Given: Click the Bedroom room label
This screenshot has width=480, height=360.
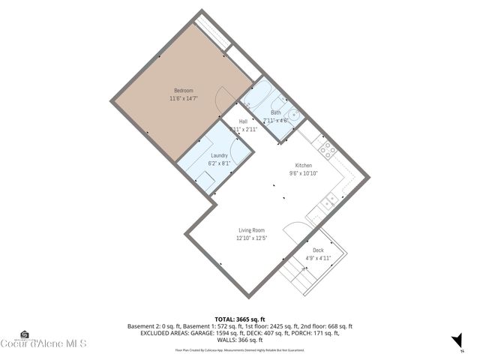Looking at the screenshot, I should point(184,91).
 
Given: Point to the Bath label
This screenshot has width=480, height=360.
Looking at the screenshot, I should point(276,112).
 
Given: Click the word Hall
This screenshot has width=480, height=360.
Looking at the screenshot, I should point(244,121).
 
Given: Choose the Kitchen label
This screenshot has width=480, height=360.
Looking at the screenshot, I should point(304,165).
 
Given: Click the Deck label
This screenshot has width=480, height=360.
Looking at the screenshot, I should point(318,250).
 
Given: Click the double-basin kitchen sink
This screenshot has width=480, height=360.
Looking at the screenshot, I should point(329,199).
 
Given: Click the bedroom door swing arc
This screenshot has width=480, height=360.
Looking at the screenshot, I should point(223,97).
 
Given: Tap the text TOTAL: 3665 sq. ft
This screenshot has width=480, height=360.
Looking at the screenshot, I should point(239,319).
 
